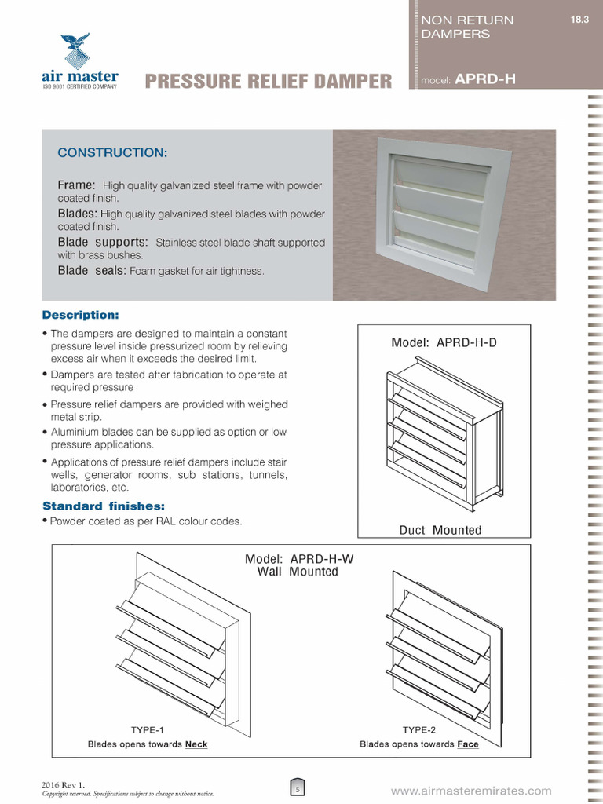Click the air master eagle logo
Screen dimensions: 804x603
point(76,51)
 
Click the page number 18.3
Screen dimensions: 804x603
point(579,20)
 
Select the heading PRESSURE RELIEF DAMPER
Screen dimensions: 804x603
point(269,81)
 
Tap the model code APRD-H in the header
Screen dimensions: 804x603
point(485,79)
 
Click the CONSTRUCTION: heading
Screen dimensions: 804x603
point(112,151)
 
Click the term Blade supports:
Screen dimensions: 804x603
point(103,242)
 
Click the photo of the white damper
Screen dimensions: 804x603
point(444,214)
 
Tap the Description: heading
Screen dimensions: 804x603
point(80,315)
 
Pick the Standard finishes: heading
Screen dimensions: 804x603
point(104,506)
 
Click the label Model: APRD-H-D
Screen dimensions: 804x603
point(444,342)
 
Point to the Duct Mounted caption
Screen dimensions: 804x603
point(440,530)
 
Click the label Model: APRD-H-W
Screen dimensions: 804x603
point(298,558)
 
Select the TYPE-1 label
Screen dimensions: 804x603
point(148,729)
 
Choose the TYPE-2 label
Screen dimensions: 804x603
point(418,729)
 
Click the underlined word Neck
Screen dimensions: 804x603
point(196,744)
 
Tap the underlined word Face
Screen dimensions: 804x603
point(468,744)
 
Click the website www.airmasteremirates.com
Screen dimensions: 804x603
point(471,791)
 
